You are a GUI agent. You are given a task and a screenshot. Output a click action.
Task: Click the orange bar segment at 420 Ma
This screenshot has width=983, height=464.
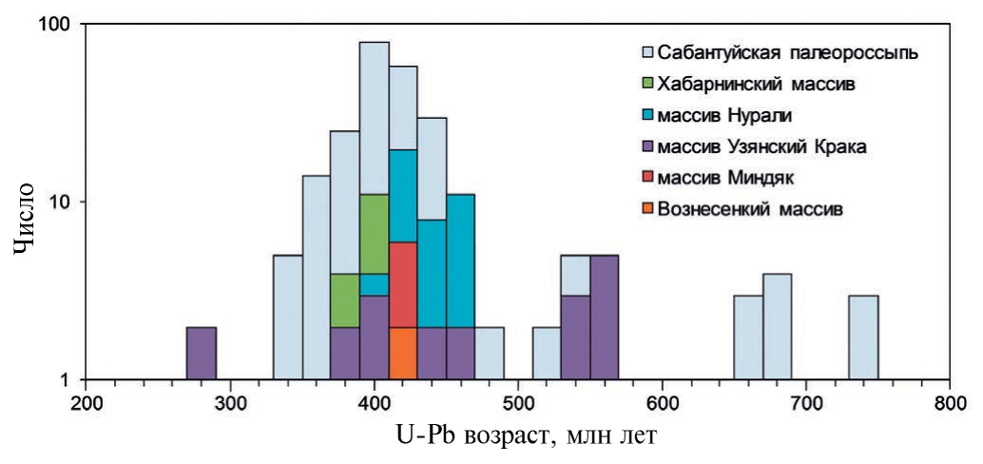403,354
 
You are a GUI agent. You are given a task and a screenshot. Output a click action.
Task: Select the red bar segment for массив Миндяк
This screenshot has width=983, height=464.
403,284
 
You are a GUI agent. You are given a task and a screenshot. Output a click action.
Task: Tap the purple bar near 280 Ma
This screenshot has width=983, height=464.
202,354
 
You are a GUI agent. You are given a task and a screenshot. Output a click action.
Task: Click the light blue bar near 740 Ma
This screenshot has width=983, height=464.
863,338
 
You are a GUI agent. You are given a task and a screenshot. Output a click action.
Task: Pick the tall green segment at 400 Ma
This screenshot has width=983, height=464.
375,234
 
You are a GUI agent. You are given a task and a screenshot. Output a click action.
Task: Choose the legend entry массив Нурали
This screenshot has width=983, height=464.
724,114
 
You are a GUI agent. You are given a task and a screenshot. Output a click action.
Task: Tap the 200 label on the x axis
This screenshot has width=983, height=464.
87,402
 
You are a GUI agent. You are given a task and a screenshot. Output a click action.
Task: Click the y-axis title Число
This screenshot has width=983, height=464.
27,218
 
